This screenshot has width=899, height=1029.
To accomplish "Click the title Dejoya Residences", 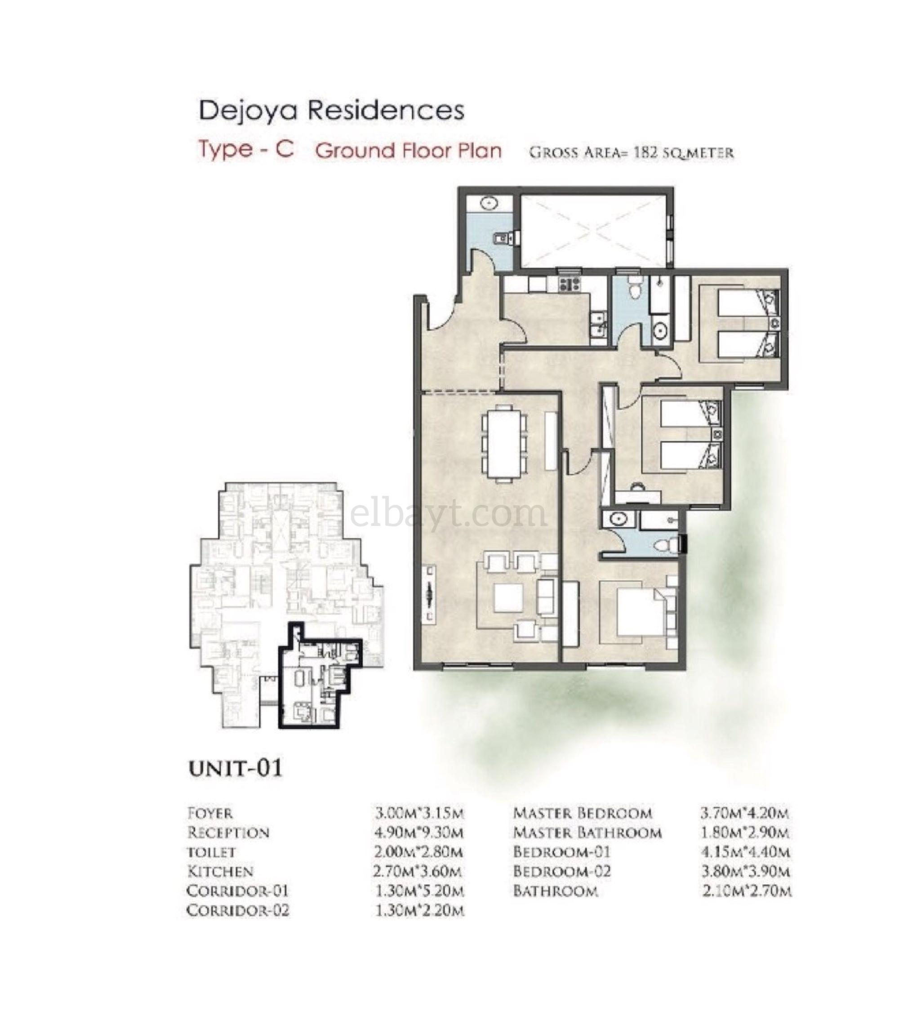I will (x=332, y=111).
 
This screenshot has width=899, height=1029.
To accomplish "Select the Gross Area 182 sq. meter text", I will (x=631, y=152).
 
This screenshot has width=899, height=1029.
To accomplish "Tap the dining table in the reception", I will (x=504, y=442).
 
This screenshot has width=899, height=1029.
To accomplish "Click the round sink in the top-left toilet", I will (x=488, y=203).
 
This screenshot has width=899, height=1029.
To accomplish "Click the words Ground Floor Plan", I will (x=408, y=151).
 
